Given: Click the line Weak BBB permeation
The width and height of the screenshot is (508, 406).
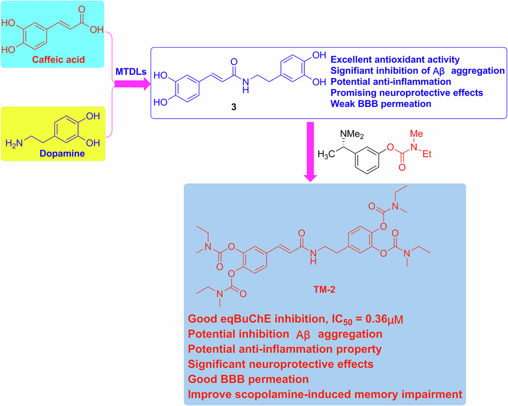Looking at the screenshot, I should point(381,104).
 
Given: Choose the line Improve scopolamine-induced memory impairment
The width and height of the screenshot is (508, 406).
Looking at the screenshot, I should point(325,395).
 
